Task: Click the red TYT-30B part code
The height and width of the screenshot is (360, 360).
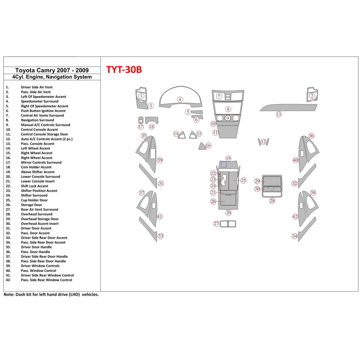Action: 124,69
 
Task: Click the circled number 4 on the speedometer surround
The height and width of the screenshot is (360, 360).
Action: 180,99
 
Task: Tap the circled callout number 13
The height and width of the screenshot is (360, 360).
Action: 278,114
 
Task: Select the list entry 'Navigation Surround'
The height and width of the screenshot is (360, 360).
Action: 37,120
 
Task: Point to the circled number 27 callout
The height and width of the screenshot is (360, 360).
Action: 216,223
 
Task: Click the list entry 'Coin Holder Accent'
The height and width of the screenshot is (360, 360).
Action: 36,167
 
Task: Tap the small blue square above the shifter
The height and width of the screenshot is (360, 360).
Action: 223,164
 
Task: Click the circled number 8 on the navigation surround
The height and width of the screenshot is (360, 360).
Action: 228,109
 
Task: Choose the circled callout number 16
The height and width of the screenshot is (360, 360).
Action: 208,145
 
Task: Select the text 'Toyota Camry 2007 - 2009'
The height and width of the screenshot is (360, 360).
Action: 52,70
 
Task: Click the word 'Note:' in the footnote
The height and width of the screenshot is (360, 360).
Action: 9,294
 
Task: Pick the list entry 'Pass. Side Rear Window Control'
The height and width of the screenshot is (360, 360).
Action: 46,280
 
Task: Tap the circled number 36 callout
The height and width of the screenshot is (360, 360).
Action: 311,136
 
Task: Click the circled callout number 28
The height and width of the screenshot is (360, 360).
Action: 272,201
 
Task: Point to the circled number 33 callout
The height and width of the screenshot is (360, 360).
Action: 161,236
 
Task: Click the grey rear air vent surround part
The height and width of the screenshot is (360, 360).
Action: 228,224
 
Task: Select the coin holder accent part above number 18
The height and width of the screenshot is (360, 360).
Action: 151,120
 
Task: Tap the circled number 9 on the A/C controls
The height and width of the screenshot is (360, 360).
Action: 228,118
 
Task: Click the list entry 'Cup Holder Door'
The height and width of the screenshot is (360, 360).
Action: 34,200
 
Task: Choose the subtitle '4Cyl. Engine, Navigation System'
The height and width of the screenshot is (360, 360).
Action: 52,77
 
